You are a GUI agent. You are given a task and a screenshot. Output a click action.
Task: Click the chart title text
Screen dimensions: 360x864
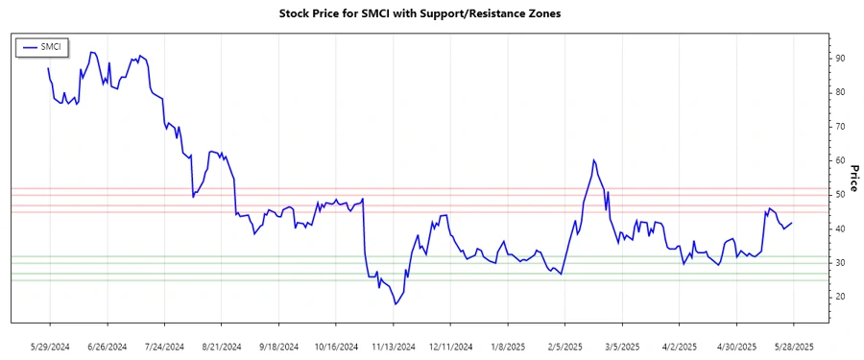pyautogui.click(x=432, y=14)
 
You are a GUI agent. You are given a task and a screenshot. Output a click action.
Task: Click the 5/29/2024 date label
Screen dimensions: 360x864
pyautogui.click(x=49, y=346)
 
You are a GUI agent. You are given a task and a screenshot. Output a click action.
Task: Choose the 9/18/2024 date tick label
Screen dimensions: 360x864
pyautogui.click(x=279, y=346)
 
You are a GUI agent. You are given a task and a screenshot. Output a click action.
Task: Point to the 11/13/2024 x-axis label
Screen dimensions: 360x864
pyautogui.click(x=393, y=346)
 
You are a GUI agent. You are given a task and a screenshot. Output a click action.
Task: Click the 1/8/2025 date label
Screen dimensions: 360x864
pyautogui.click(x=508, y=346)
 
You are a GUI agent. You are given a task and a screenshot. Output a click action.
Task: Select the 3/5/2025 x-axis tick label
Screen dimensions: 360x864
pyautogui.click(x=623, y=346)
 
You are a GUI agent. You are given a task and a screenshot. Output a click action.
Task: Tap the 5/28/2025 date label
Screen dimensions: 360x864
pyautogui.click(x=793, y=346)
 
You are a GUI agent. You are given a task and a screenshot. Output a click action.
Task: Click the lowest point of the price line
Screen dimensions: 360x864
pyautogui.click(x=395, y=304)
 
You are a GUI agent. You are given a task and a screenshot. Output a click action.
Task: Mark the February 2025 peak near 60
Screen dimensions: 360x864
pyautogui.click(x=594, y=160)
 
